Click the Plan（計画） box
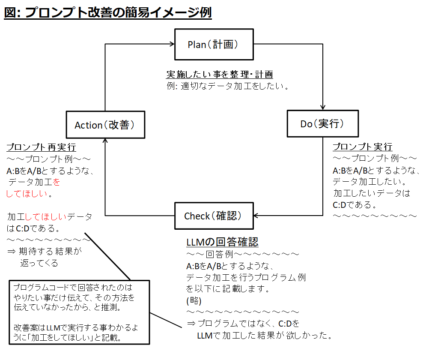[x=214, y=45]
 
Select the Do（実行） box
[x=322, y=124]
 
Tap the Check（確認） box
[x=214, y=216]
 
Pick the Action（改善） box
[x=105, y=125]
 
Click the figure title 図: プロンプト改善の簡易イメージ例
[x=108, y=12]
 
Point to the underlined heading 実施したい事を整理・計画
[x=219, y=74]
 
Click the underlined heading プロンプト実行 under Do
[x=362, y=147]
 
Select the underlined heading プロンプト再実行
[x=41, y=147]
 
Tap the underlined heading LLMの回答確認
[x=222, y=242]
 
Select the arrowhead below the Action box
[x=105, y=142]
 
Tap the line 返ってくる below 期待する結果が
[x=39, y=263]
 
